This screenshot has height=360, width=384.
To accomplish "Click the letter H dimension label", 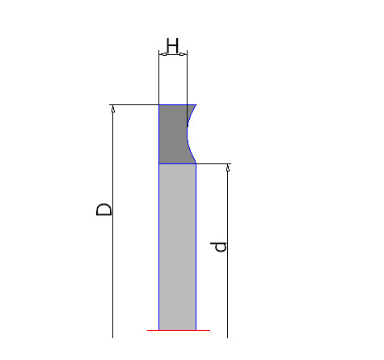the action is pyautogui.click(x=172, y=45).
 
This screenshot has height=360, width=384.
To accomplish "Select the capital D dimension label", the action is pyautogui.click(x=104, y=210).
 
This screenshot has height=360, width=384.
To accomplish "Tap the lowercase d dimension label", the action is pyautogui.click(x=218, y=247).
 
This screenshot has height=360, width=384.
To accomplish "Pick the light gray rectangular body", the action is pyautogui.click(x=177, y=247).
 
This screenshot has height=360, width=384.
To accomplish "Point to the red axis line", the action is pyautogui.click(x=179, y=330).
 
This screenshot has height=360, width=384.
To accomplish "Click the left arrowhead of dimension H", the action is pyautogui.click(x=162, y=54).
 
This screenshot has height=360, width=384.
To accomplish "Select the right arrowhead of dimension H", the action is pyautogui.click(x=184, y=54).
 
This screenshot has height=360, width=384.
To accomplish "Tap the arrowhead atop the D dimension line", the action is pyautogui.click(x=113, y=108).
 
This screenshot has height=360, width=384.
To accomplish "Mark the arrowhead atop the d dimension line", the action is pyautogui.click(x=228, y=167).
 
